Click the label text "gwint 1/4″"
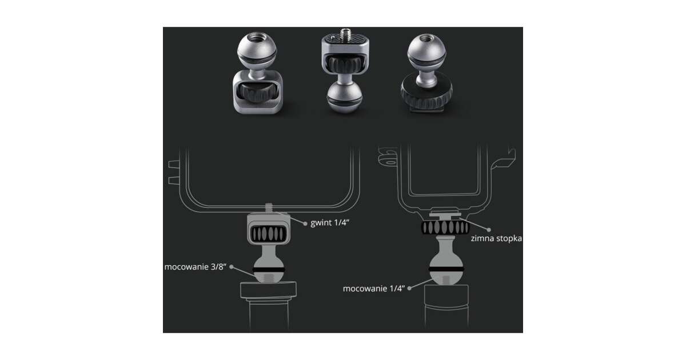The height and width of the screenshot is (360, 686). click(x=330, y=222)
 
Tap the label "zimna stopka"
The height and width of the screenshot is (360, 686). click(x=496, y=238)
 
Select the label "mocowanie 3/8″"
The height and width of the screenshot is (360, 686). click(x=196, y=267)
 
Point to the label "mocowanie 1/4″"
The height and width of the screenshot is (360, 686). click(x=374, y=289)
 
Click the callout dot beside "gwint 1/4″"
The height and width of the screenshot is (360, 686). click(x=305, y=224)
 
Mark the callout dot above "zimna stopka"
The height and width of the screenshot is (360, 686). click(x=489, y=230)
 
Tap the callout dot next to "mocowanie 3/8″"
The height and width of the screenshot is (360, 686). click(x=232, y=267)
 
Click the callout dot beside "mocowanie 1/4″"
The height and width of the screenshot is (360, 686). click(x=409, y=288)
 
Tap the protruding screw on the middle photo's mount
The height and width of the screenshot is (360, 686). click(x=346, y=33)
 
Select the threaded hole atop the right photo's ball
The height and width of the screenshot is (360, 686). click(x=427, y=39)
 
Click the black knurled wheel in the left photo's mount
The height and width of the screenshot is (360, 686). click(x=258, y=91)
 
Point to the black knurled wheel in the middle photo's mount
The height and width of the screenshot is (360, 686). click(x=345, y=65)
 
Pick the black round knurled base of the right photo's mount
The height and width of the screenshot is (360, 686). click(x=426, y=91)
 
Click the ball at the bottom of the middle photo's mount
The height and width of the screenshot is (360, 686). click(x=345, y=98)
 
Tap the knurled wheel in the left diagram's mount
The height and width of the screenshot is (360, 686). click(x=269, y=234)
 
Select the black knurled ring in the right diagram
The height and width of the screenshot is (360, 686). click(x=445, y=227)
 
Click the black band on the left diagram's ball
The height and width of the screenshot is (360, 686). click(x=269, y=270)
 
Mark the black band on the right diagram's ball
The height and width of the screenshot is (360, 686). click(x=446, y=269)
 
